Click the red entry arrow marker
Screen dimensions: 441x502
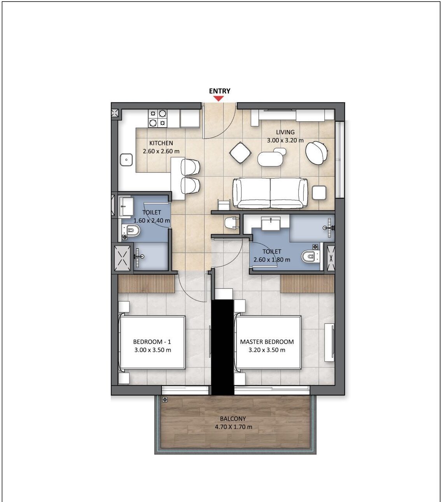pos(218,98)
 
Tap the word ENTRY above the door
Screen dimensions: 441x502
pos(219,91)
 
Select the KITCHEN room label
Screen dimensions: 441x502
pos(161,143)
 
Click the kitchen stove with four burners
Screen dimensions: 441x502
pos(157,118)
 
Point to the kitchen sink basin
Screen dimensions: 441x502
pos(126,160)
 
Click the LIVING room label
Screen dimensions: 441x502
pos(285,132)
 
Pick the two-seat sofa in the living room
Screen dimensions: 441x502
pos(270,193)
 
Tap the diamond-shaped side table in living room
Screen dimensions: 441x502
pos(240,153)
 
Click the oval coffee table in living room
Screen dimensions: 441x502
pos(270,159)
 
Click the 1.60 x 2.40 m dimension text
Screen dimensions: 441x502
pos(152,220)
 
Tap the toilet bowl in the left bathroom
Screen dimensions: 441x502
pos(131,230)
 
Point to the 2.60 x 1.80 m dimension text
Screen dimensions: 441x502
pos(271,260)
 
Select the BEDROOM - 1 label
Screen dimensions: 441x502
pos(152,342)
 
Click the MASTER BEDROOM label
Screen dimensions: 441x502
pos(267,342)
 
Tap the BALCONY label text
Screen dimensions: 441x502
pos(233,418)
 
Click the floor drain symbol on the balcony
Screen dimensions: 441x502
pos(165,399)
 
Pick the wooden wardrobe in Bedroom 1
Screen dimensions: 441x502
pos(147,284)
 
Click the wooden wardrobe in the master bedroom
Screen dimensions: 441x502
pos(307,284)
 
